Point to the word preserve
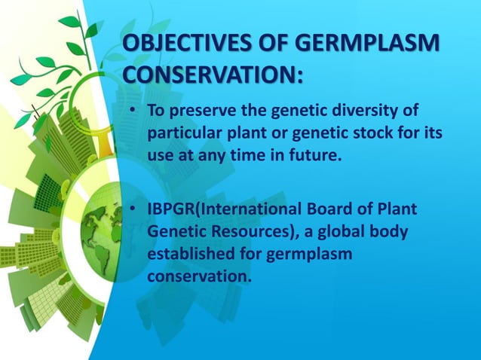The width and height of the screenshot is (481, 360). click(x=198, y=112)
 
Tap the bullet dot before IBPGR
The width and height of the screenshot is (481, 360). click(x=133, y=209)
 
